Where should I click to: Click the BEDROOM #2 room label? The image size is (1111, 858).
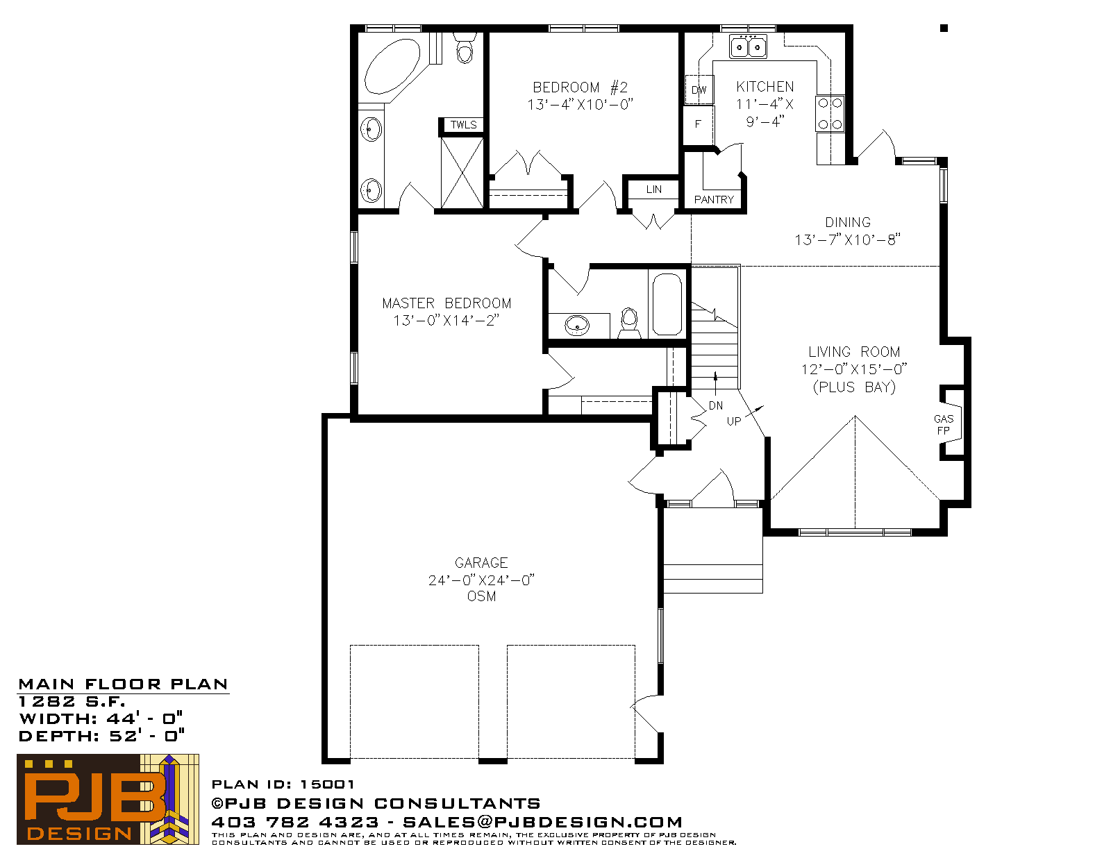580,87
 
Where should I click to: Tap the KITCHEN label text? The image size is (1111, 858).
765,87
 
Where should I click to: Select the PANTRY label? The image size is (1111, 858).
714,200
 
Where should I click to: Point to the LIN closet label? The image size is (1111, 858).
654,190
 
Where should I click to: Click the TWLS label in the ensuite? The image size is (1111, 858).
463,125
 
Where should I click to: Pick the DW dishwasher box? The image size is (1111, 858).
699,90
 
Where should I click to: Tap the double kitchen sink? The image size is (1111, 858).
748,47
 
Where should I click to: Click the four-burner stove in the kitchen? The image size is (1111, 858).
830,113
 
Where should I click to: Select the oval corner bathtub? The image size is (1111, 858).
392,67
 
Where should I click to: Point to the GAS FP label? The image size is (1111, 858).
943,425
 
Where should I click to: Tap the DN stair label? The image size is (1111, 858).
716,406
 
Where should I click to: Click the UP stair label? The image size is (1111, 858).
734,421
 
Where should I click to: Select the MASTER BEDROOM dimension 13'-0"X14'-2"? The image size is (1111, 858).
446,321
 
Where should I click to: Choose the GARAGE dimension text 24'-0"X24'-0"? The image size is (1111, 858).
481,580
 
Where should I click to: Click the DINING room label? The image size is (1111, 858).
848,223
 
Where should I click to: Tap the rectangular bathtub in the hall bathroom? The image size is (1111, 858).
667,305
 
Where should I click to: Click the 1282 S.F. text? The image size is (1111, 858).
72,702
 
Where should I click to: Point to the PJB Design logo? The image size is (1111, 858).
108,799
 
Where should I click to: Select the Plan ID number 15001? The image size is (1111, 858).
327,784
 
